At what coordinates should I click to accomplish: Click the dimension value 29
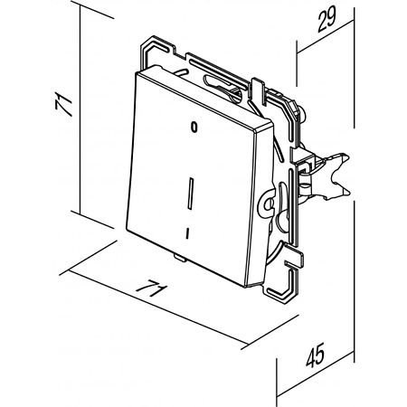327,19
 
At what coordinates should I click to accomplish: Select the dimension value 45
316,355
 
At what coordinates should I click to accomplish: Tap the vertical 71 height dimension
64,105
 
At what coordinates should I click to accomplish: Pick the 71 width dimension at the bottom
152,289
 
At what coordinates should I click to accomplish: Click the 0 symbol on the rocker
194,128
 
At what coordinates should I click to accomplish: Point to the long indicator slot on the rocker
191,194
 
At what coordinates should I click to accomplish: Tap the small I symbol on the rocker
187,233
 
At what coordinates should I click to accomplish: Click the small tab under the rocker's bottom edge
180,258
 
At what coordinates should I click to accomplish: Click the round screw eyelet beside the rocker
268,204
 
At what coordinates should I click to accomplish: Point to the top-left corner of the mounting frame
142,46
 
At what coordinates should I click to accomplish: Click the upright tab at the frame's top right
258,90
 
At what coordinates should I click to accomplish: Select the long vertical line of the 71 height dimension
80,109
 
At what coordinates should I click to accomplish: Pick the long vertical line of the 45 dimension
355,281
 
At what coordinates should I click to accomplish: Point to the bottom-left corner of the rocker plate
127,230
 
